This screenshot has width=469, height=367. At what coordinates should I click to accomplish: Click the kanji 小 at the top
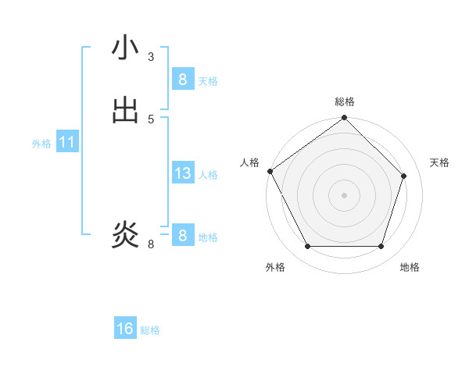tap(125, 48)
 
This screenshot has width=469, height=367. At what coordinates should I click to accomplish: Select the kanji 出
tap(125, 110)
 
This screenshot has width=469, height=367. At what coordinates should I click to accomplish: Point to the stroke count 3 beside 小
tap(151, 56)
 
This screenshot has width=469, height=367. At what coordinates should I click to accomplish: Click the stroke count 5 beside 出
tap(151, 119)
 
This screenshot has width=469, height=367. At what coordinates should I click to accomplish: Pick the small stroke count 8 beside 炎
tap(151, 244)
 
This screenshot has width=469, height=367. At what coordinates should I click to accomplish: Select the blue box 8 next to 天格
tap(182, 79)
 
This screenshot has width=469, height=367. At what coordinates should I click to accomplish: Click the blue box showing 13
tap(182, 173)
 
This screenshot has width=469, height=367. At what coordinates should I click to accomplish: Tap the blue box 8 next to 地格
tap(182, 235)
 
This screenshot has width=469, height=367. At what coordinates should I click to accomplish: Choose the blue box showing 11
tap(67, 142)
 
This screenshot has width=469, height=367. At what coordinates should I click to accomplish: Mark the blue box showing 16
tap(125, 329)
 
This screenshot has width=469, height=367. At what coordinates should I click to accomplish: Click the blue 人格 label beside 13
tap(208, 175)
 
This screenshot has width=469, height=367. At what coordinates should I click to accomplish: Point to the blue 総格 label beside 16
tap(150, 330)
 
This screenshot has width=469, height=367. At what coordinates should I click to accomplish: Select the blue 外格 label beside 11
tap(41, 144)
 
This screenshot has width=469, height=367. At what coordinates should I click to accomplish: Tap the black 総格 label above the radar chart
tap(345, 102)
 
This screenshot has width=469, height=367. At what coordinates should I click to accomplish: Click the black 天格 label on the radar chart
tap(439, 162)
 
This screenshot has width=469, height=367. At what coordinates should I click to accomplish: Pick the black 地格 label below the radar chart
tap(410, 267)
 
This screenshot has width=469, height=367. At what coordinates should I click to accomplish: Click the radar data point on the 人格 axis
tap(270, 171)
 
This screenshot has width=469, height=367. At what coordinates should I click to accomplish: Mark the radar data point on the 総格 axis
tap(345, 118)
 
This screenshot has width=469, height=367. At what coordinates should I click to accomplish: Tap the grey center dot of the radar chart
tap(345, 194)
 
